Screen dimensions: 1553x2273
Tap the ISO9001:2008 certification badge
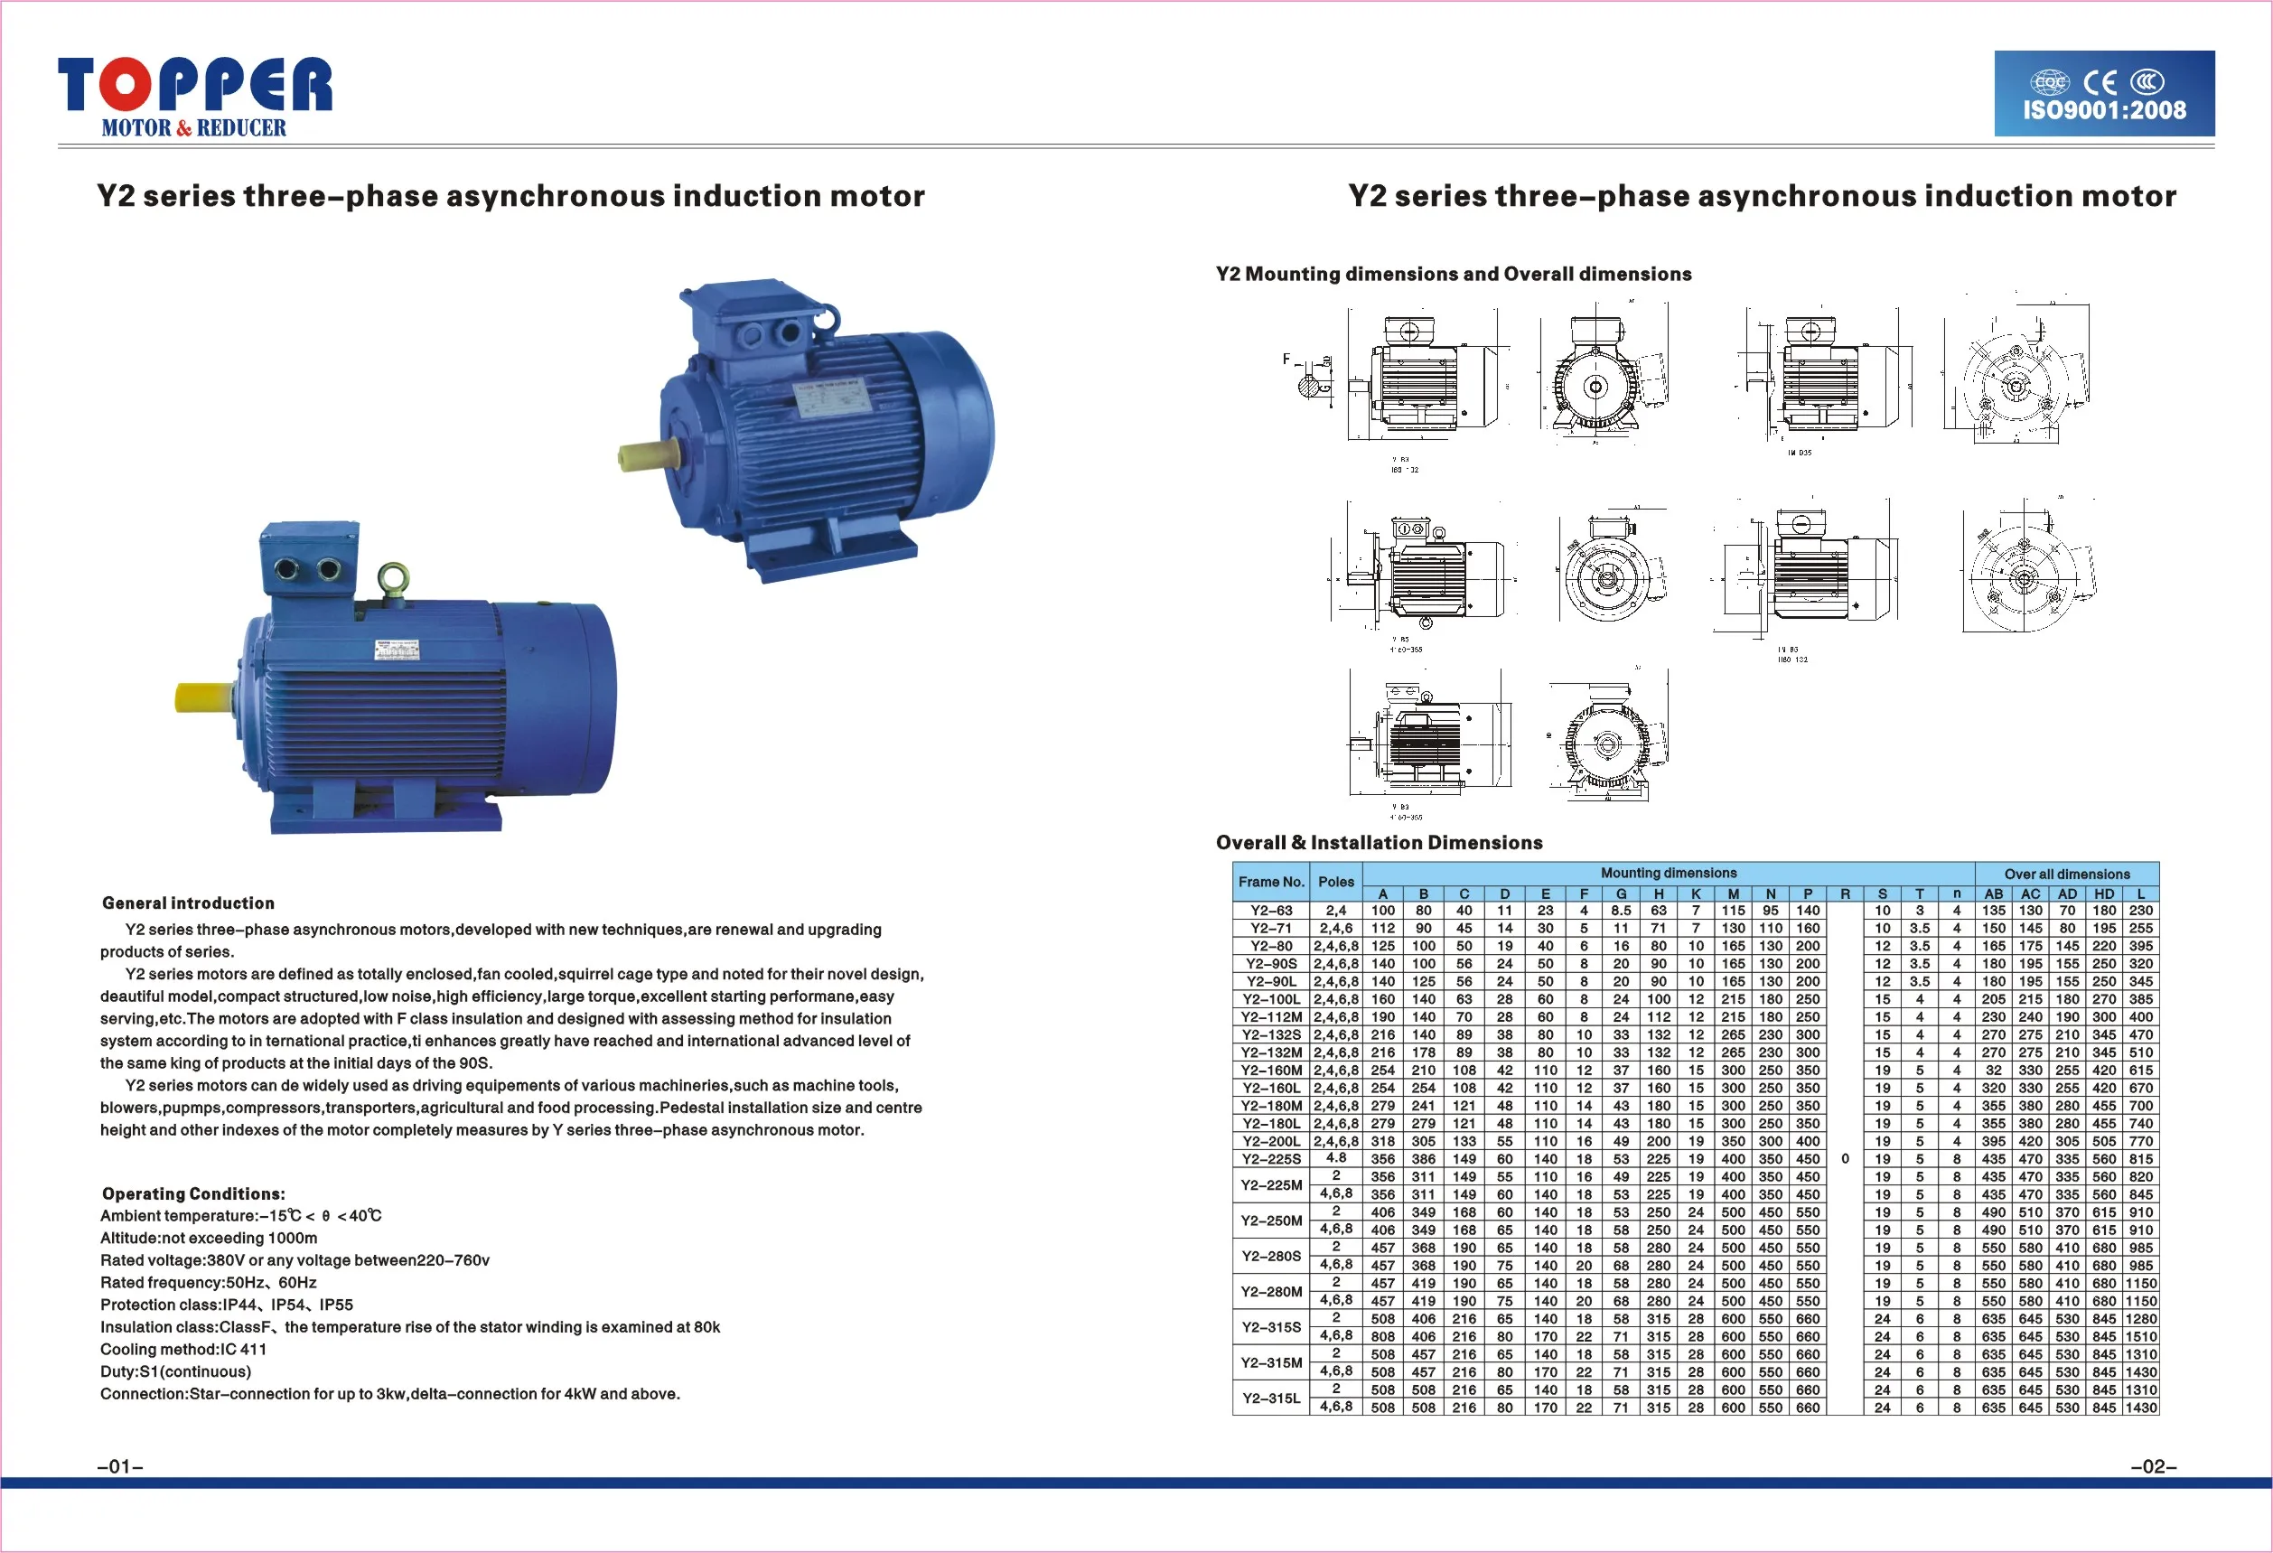click(2104, 94)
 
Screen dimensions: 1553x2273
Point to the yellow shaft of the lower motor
click(203, 697)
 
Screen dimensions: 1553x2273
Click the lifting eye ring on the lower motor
click(393, 578)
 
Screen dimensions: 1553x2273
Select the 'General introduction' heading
click(188, 903)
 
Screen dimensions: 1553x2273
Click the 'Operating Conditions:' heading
click(193, 1193)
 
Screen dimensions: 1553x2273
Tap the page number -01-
click(120, 1466)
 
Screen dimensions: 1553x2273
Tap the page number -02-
click(2153, 1466)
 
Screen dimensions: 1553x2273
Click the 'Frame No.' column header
click(1270, 881)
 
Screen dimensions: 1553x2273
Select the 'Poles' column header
click(1335, 881)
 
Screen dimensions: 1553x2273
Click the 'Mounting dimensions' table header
click(1668, 873)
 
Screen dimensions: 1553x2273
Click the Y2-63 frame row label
click(1270, 911)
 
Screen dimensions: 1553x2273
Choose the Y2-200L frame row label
click(1270, 1141)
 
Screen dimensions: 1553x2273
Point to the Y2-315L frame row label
click(1270, 1399)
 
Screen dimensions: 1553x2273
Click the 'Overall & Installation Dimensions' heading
click(1379, 842)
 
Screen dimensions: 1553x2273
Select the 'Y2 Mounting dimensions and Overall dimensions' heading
click(1454, 274)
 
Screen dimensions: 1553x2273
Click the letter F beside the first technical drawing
click(1286, 359)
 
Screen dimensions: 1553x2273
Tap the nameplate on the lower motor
click(398, 650)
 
